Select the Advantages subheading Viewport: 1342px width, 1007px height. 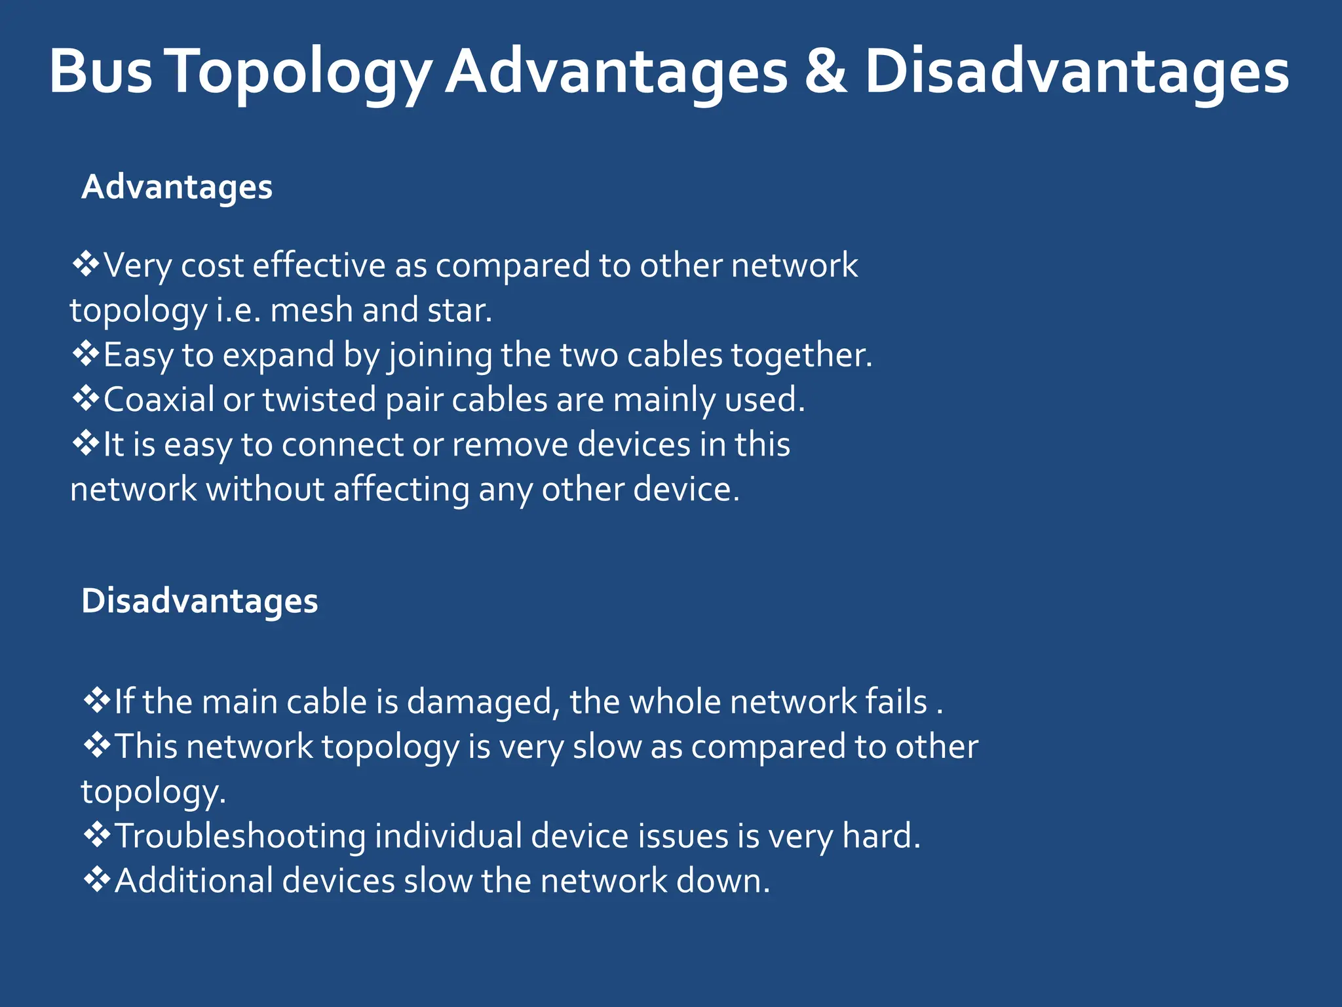click(177, 188)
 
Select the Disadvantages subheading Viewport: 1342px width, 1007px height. click(200, 601)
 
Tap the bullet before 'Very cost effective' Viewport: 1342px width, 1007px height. click(86, 265)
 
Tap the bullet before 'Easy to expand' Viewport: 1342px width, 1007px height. click(86, 355)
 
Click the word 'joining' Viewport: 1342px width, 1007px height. click(440, 356)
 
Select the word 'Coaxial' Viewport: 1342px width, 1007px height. click(159, 399)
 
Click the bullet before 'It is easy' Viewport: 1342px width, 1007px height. click(86, 444)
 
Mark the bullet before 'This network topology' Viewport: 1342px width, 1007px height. click(98, 746)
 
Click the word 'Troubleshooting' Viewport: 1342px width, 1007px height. click(240, 837)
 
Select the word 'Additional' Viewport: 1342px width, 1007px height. click(194, 880)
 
